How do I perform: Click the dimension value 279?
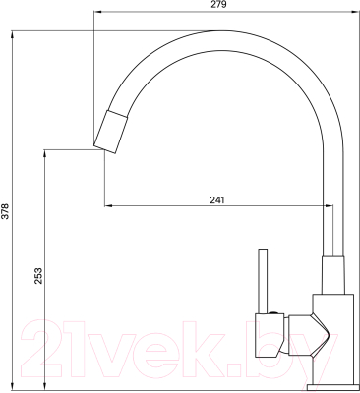click(218, 6)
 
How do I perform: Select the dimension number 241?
click(217, 200)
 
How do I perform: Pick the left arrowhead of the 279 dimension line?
click(96, 13)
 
